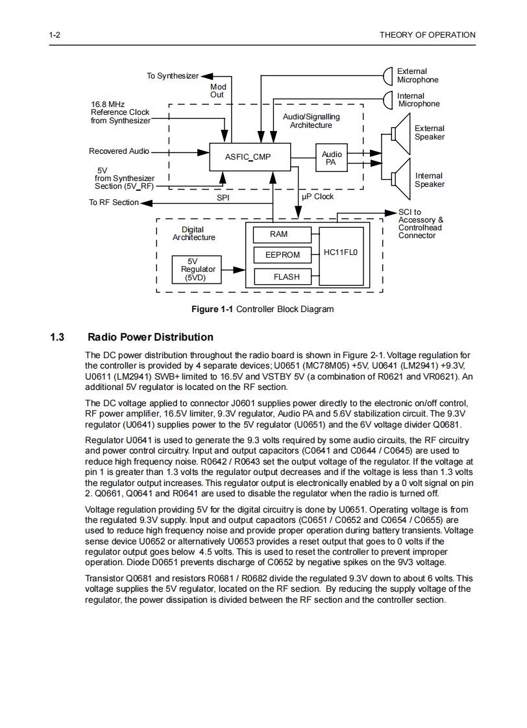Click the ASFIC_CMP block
pyautogui.click(x=248, y=157)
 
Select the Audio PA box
pyautogui.click(x=332, y=158)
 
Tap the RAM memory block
pyautogui.click(x=278, y=234)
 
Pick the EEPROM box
pyautogui.click(x=282, y=256)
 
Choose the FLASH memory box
pyautogui.click(x=286, y=277)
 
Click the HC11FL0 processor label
pyautogui.click(x=341, y=252)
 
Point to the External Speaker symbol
pyautogui.click(x=400, y=133)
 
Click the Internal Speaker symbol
pyautogui.click(x=400, y=179)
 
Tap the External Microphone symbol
pyautogui.click(x=389, y=75)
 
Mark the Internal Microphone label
pyautogui.click(x=419, y=100)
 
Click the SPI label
pyautogui.click(x=223, y=197)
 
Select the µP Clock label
pyautogui.click(x=318, y=197)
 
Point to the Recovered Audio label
pyautogui.click(x=119, y=151)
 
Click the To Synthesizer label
pyautogui.click(x=172, y=76)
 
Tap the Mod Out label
pyautogui.click(x=217, y=90)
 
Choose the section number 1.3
pyautogui.click(x=57, y=337)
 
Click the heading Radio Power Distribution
pyautogui.click(x=150, y=337)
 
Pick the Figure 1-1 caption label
pyautogui.click(x=212, y=309)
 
